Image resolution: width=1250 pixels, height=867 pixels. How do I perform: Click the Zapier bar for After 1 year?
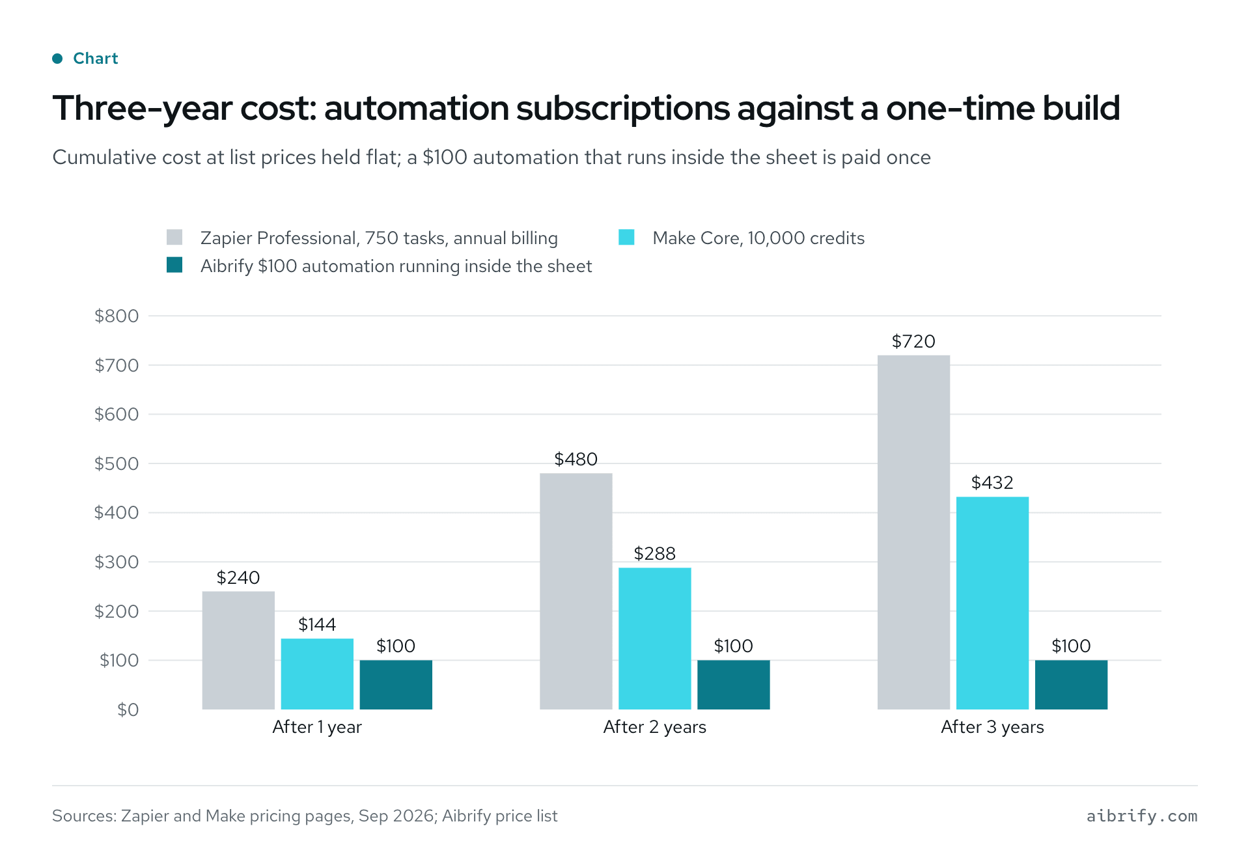(238, 650)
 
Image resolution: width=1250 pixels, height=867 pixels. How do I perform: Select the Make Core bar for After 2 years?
(655, 639)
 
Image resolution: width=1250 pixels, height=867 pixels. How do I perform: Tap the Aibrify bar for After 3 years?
(1071, 685)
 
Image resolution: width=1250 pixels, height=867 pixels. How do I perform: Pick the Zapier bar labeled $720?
(913, 532)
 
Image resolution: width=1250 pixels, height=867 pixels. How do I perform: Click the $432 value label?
(992, 482)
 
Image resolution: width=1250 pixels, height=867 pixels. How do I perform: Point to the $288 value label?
(655, 553)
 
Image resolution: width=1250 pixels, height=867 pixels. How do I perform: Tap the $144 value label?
(317, 624)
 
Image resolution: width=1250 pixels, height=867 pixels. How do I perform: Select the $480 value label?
(576, 459)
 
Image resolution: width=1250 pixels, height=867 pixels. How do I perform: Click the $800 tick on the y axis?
(117, 316)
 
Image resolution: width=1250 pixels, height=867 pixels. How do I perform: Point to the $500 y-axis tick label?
(117, 463)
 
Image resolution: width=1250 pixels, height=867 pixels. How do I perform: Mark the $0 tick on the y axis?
(128, 709)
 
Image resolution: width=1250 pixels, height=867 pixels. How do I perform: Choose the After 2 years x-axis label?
(655, 727)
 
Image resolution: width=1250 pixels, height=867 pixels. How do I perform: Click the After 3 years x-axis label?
(992, 727)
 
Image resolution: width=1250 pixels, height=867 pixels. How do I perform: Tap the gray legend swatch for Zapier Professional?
(174, 237)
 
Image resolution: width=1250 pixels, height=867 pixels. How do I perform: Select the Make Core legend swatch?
(626, 237)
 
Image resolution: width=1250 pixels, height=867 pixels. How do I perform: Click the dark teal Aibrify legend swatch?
(174, 265)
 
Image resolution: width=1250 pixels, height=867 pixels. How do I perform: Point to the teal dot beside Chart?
(57, 59)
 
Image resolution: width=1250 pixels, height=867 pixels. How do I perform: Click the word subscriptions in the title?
(623, 109)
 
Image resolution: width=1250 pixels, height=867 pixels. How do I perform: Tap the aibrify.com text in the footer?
(1142, 816)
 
